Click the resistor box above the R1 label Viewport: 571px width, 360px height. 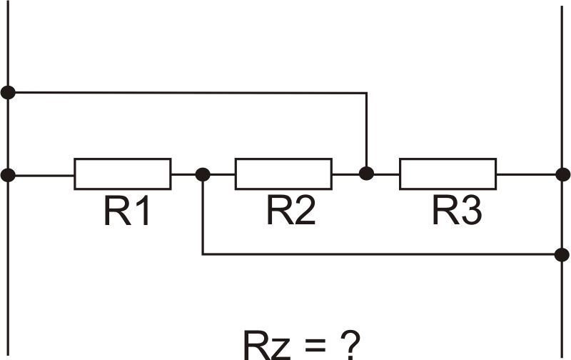pyautogui.click(x=122, y=174)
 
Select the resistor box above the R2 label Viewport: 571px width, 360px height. pyautogui.click(x=283, y=174)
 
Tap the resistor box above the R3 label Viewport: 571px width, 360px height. pyautogui.click(x=448, y=174)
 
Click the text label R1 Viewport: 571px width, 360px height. pyautogui.click(x=127, y=211)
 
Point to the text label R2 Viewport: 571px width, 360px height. pyautogui.click(x=291, y=211)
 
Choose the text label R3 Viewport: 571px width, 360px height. pyautogui.click(x=457, y=211)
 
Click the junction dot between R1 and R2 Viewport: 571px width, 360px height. pyautogui.click(x=203, y=174)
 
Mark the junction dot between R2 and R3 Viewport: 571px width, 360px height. pyautogui.click(x=366, y=173)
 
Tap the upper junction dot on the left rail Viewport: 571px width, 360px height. pyautogui.click(x=8, y=92)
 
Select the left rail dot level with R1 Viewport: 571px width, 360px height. pyautogui.click(x=8, y=174)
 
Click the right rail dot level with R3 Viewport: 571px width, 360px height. pyautogui.click(x=562, y=174)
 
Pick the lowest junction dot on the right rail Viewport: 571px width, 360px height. pyautogui.click(x=562, y=254)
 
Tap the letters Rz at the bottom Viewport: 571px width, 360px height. pyautogui.click(x=264, y=345)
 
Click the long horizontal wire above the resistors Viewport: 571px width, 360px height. pyautogui.click(x=186, y=92)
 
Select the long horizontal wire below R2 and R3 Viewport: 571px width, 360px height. pyautogui.click(x=378, y=254)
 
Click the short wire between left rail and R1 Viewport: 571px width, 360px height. pyautogui.click(x=41, y=174)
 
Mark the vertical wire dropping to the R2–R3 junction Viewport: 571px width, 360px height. pyautogui.click(x=366, y=132)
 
